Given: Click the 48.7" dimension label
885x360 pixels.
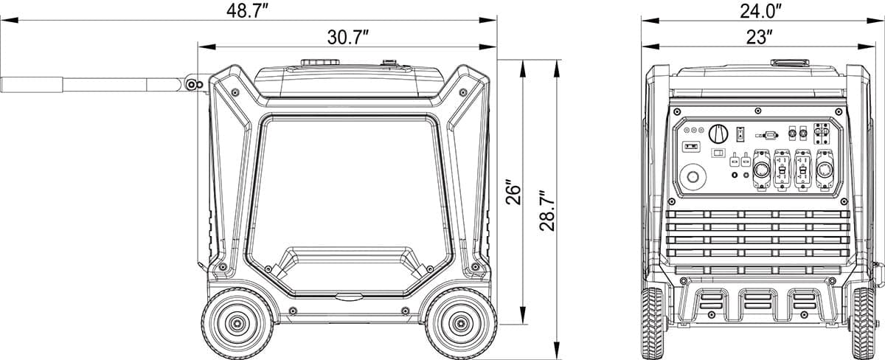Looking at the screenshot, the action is click(247, 10).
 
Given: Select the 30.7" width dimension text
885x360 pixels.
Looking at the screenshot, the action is click(347, 37).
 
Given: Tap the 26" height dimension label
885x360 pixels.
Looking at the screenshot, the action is click(513, 193).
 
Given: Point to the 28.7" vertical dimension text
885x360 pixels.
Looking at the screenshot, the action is click(547, 211).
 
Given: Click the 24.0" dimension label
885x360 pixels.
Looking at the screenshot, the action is click(761, 10).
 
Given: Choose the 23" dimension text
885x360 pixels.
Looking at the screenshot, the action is click(760, 37).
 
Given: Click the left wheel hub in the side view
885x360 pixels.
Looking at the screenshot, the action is click(237, 324).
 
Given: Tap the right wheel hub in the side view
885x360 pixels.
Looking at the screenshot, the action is click(461, 324).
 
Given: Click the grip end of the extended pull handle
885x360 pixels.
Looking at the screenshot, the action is click(32, 85).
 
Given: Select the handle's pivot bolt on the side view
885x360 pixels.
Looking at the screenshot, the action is click(192, 85).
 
